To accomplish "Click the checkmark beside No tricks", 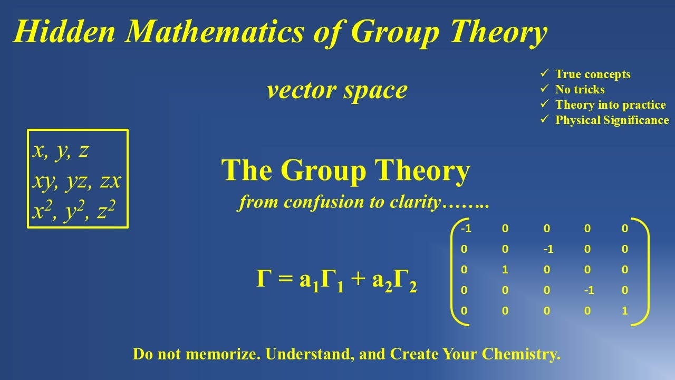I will click(545, 89).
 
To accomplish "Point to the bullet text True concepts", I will click(593, 74).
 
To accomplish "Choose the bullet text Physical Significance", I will click(612, 120).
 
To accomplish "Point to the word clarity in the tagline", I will click(414, 202).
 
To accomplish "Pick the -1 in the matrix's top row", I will click(466, 229).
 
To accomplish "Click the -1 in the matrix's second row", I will click(548, 249).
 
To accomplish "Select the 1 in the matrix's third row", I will click(505, 270).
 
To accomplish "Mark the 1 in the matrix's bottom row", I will click(625, 311).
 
